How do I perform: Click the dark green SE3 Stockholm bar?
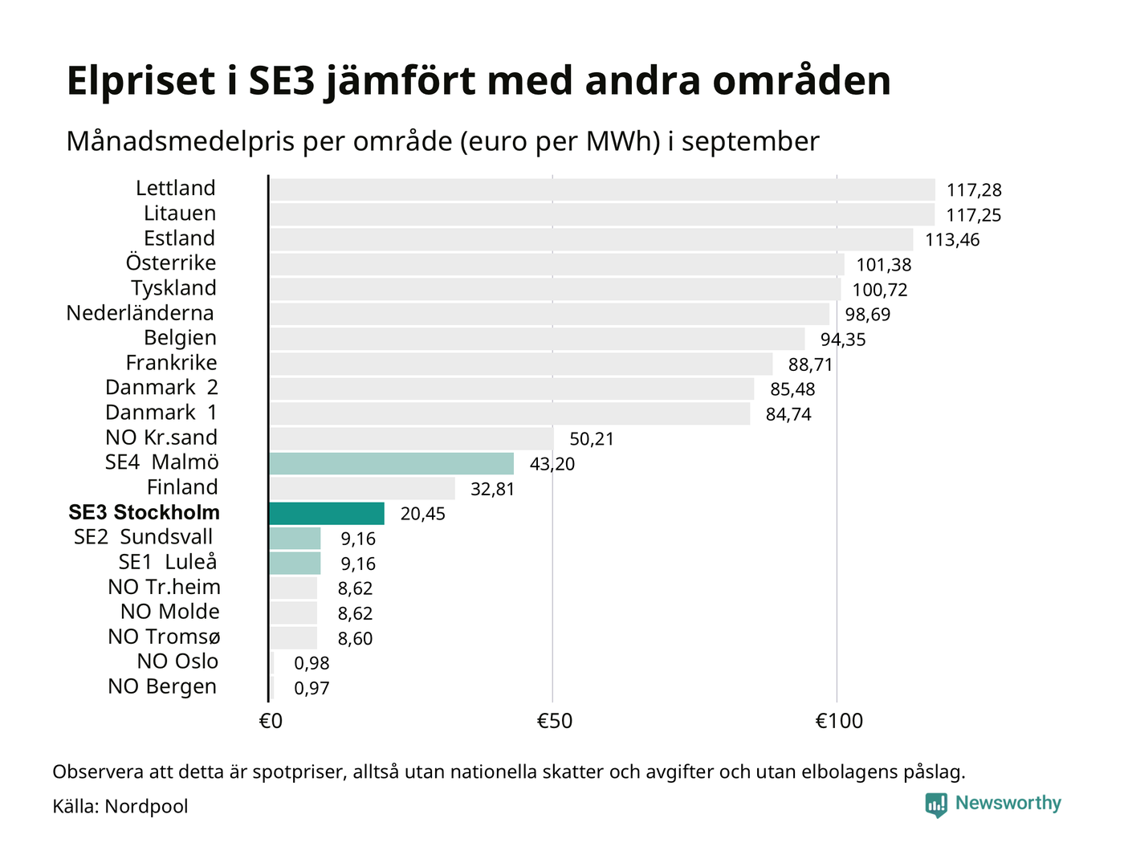click(x=327, y=513)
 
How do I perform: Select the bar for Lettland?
click(x=602, y=189)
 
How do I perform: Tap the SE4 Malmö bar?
click(x=392, y=463)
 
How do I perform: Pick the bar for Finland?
click(x=362, y=488)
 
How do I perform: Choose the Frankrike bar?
click(x=521, y=364)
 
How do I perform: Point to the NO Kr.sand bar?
click(x=411, y=438)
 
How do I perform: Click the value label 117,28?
click(x=974, y=190)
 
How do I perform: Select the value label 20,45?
click(x=422, y=514)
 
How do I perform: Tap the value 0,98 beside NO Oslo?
click(x=312, y=663)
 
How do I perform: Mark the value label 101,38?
click(x=883, y=265)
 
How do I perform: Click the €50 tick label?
click(x=554, y=721)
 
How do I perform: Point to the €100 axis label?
click(x=839, y=721)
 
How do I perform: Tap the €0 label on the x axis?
click(x=271, y=721)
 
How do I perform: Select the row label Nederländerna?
click(x=140, y=313)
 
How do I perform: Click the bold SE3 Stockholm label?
click(x=144, y=512)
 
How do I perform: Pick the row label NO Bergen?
click(x=162, y=686)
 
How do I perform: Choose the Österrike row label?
click(x=170, y=263)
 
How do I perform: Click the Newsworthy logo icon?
click(x=936, y=804)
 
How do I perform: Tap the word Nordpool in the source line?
click(x=146, y=806)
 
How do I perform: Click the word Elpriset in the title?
click(x=141, y=81)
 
